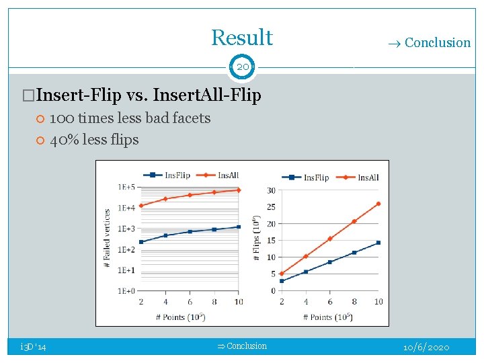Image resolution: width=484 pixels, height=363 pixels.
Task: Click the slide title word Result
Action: pyautogui.click(x=242, y=38)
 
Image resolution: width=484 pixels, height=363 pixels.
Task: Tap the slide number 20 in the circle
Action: pyautogui.click(x=242, y=67)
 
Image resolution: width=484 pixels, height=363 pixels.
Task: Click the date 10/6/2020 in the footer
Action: pyautogui.click(x=426, y=348)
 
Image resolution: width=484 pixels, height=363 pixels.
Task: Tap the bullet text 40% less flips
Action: pyautogui.click(x=94, y=140)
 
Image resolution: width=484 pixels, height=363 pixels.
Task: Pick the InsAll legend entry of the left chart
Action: pyautogui.click(x=223, y=175)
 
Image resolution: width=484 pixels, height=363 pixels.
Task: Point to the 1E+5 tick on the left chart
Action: pyautogui.click(x=126, y=187)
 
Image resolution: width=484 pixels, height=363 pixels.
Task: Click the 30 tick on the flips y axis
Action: pyautogui.click(x=271, y=190)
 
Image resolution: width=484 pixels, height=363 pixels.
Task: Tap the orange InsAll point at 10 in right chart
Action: pyautogui.click(x=378, y=204)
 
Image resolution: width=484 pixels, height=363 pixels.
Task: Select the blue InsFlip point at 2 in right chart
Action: pyautogui.click(x=282, y=281)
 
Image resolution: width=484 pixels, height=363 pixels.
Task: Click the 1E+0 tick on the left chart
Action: pyautogui.click(x=126, y=291)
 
